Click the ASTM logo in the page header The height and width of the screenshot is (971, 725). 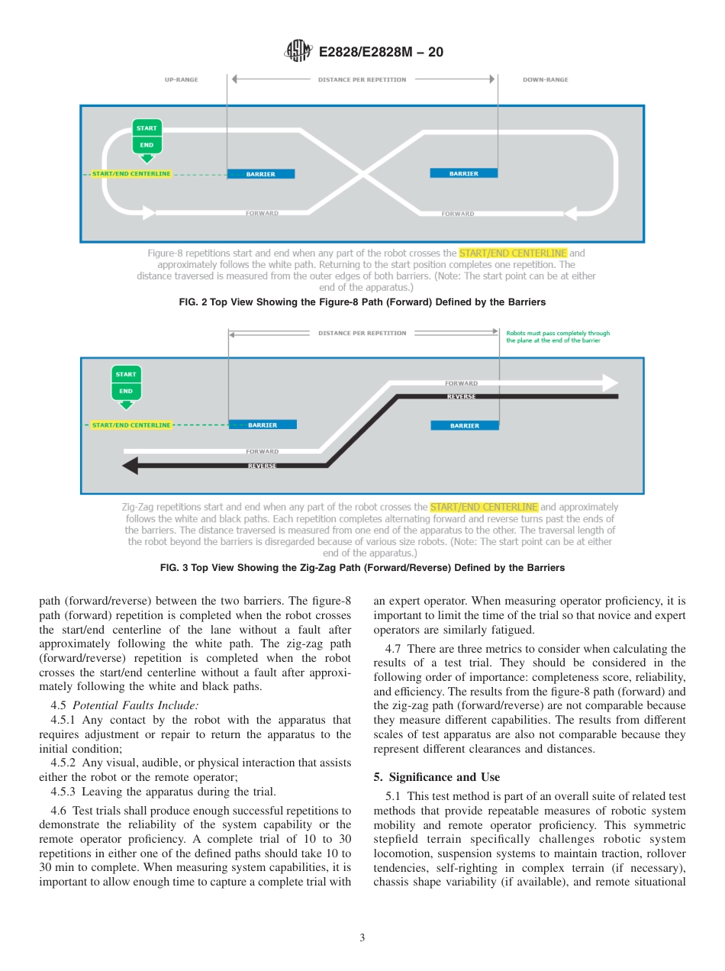298,51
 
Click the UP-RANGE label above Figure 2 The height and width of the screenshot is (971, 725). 181,79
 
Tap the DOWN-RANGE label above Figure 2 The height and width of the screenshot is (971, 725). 545,79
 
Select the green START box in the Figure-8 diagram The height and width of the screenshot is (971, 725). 147,128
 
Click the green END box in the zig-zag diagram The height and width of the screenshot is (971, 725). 126,391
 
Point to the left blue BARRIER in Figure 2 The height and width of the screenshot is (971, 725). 261,174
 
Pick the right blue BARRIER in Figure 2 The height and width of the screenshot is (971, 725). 463,173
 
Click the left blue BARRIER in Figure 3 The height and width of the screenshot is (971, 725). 263,424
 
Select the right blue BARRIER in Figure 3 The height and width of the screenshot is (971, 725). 464,425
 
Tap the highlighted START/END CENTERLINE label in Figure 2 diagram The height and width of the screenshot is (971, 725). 131,174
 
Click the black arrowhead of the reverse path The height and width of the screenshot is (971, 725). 130,466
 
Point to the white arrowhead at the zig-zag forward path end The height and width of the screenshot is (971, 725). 611,383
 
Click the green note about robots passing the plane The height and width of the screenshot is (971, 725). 558,337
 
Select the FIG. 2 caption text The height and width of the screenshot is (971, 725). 362,302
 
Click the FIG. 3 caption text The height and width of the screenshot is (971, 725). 362,568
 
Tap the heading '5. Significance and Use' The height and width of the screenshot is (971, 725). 437,777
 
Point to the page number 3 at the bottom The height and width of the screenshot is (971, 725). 362,937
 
